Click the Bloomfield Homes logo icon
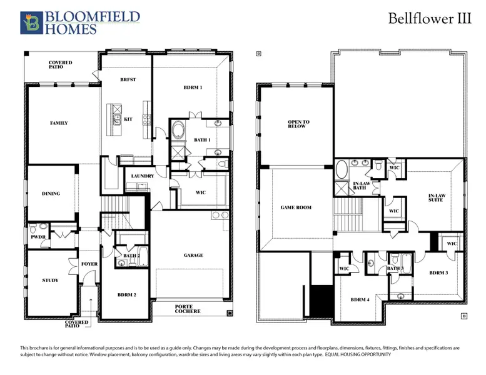click(x=31, y=22)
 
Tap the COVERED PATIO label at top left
click(x=61, y=66)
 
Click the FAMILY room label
click(x=59, y=123)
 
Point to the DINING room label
click(x=51, y=194)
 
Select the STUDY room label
click(x=49, y=280)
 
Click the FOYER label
click(x=89, y=264)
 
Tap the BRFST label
click(x=128, y=80)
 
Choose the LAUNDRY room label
click(x=143, y=176)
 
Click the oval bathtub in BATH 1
click(x=178, y=132)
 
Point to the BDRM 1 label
click(x=193, y=87)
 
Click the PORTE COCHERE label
click(x=188, y=309)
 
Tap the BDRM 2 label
click(x=128, y=294)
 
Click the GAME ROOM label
click(x=296, y=207)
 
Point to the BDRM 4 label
click(x=359, y=300)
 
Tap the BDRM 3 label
click(x=438, y=273)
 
